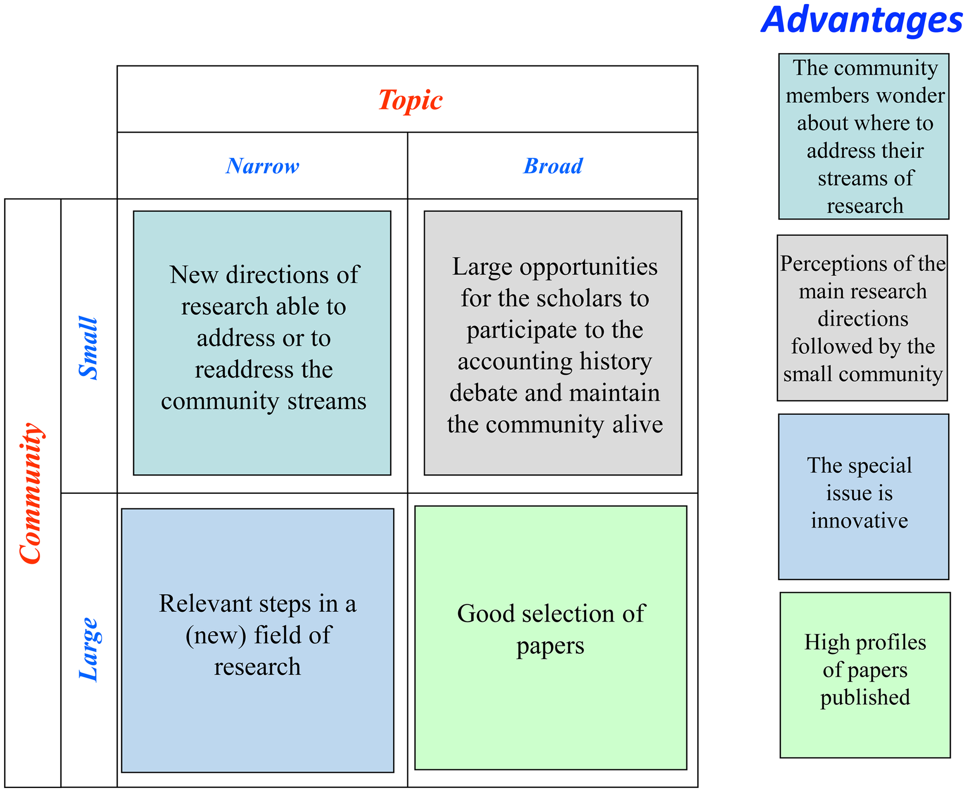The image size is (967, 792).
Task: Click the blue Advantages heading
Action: point(861,21)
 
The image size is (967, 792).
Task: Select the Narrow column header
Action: point(262,166)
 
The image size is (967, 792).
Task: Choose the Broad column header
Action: point(553,166)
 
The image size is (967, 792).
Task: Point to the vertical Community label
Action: point(31,493)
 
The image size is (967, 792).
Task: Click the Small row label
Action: point(87,348)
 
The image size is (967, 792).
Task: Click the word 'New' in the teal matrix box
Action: point(193,275)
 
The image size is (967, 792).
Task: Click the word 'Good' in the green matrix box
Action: point(486,614)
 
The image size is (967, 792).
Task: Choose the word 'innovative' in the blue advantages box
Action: point(859,520)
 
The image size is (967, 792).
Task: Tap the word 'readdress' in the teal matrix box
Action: point(242,369)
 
